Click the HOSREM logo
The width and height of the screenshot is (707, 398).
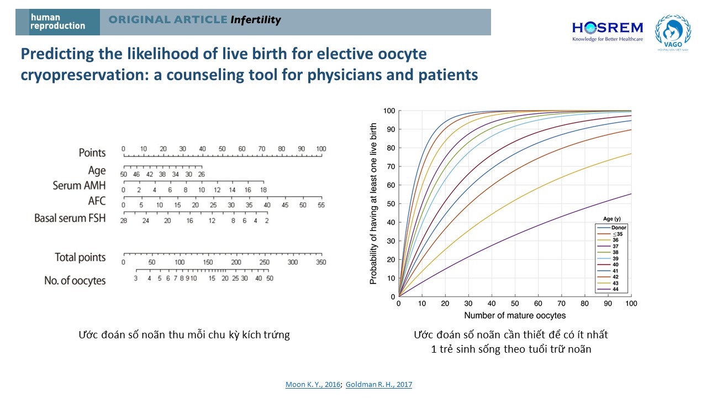(x=607, y=31)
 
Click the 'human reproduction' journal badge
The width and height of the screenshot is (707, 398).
(x=58, y=22)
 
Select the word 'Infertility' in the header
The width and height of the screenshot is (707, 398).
(x=256, y=20)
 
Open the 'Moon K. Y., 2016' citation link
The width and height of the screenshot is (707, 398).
(x=313, y=384)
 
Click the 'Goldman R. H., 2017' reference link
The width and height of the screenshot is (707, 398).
(x=379, y=384)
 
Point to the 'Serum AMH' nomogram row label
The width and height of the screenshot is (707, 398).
(x=79, y=185)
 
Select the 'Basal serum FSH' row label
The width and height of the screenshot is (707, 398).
(x=70, y=218)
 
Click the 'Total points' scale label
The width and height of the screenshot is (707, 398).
(x=80, y=257)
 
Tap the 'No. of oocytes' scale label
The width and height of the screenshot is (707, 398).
(x=75, y=281)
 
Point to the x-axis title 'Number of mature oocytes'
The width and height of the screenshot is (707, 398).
(x=515, y=316)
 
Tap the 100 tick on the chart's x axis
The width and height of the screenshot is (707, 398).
(x=631, y=303)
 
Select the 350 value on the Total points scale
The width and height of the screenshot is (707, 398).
(x=321, y=262)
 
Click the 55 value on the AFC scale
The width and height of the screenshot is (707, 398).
(x=321, y=205)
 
